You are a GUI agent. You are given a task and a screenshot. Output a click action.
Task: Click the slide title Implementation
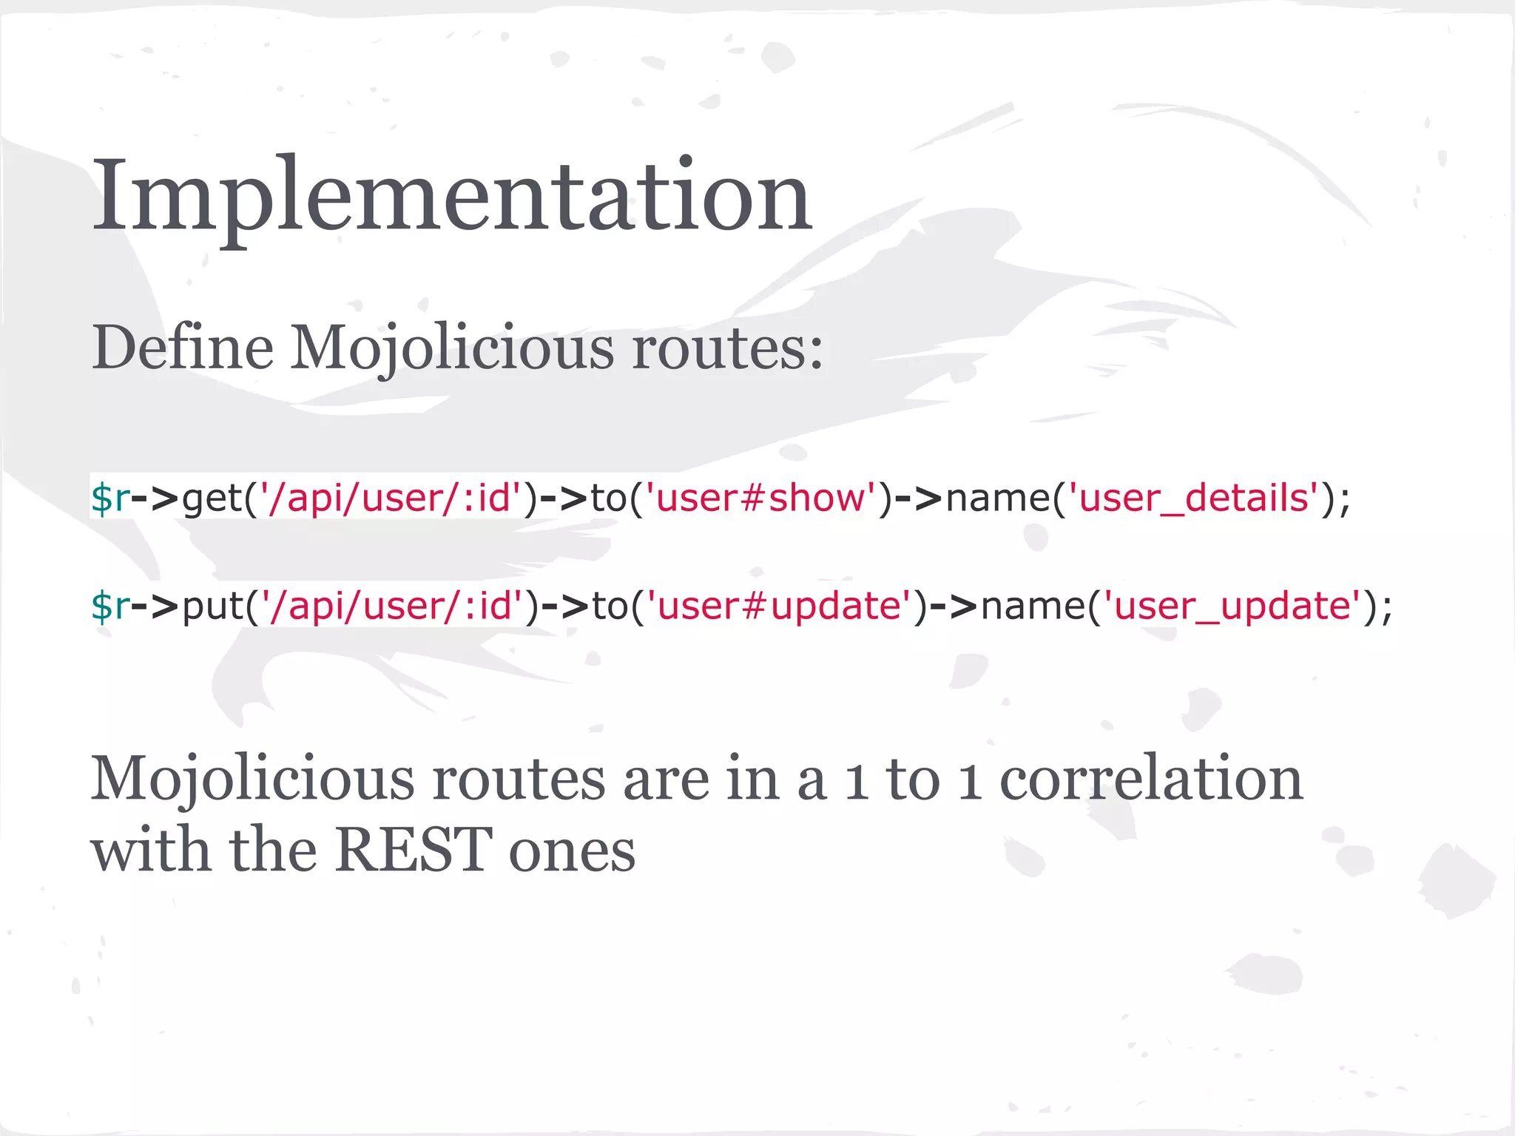451,196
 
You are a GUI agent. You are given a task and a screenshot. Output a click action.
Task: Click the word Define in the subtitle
182,348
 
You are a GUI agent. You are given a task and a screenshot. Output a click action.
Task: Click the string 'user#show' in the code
761,498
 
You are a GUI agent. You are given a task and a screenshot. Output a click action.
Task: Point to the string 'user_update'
1232,606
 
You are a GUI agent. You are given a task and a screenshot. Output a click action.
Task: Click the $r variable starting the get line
109,498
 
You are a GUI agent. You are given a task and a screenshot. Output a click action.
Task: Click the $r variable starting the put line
109,606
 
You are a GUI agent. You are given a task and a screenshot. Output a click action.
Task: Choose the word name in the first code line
998,498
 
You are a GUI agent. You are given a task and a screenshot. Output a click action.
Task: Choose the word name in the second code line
1033,606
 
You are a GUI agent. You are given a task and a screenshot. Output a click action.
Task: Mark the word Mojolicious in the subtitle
452,348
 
